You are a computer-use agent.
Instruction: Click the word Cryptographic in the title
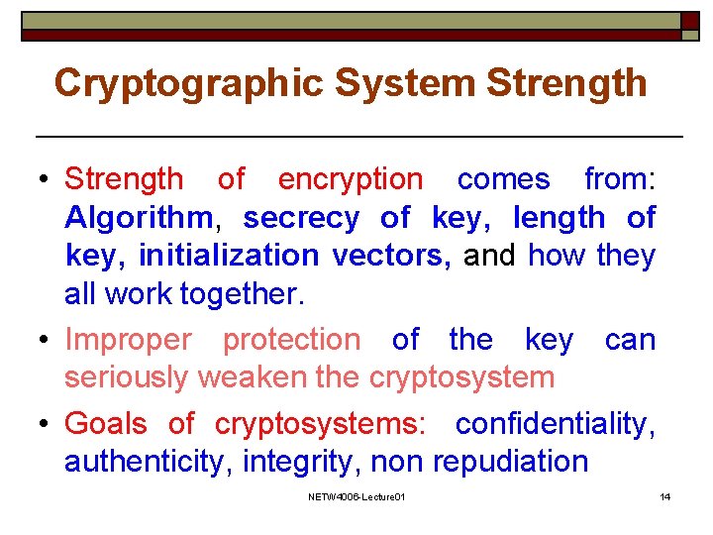point(188,83)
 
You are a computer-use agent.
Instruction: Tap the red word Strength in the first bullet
point(124,179)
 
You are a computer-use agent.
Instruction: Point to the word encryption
point(350,179)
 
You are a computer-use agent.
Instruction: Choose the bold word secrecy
point(301,217)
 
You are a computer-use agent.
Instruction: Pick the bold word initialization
point(229,256)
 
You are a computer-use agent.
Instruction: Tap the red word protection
point(292,340)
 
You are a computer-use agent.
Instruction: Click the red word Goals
point(106,424)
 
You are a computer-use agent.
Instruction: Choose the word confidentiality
point(555,424)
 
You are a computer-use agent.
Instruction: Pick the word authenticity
point(142,462)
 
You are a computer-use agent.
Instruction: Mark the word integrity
point(286,462)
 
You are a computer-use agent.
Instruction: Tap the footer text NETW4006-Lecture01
point(356,496)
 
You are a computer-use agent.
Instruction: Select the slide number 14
point(665,496)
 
